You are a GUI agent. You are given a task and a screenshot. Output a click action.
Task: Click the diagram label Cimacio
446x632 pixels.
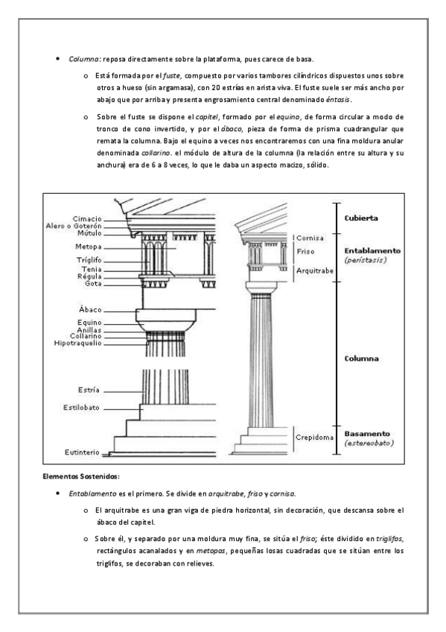[87, 219]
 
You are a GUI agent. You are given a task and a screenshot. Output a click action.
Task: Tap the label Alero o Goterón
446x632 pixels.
[74, 226]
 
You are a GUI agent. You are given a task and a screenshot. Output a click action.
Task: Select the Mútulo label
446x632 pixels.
[89, 233]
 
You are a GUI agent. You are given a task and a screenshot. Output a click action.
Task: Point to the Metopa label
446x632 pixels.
[88, 247]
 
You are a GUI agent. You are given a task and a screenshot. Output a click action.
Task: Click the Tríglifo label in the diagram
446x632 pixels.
[89, 260]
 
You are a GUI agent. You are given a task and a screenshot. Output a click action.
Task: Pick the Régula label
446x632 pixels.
[89, 276]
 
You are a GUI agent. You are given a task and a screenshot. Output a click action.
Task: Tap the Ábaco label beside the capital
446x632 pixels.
[90, 309]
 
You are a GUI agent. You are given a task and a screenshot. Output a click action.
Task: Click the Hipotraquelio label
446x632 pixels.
[77, 344]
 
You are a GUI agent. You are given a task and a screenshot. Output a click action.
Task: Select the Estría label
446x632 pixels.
[89, 391]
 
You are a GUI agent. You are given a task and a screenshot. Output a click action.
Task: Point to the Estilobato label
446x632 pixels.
[81, 408]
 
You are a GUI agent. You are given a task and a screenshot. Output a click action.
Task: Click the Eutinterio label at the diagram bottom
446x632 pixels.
[82, 452]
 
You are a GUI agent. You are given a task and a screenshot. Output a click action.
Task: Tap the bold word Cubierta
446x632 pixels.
[361, 218]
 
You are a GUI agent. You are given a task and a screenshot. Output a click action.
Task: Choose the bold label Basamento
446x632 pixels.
[367, 434]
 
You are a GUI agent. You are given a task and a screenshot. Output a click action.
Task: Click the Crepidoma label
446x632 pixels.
[314, 437]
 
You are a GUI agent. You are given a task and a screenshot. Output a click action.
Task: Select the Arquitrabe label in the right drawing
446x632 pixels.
[315, 271]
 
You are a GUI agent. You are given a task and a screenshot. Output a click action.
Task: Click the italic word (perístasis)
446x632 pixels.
[365, 260]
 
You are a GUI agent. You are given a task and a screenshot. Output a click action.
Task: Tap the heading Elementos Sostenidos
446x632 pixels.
[81, 476]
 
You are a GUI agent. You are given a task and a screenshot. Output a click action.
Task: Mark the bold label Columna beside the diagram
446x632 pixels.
[361, 358]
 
